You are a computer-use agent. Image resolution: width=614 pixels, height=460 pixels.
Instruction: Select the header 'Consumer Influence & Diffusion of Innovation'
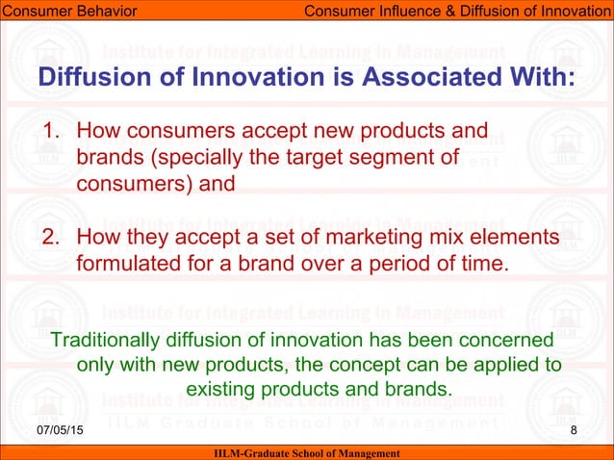(x=457, y=11)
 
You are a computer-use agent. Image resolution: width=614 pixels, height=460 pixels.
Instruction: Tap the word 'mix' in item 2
(x=433, y=238)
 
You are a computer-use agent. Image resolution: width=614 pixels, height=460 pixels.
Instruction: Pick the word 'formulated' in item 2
(x=123, y=264)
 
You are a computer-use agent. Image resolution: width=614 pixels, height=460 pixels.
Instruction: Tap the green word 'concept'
(x=355, y=366)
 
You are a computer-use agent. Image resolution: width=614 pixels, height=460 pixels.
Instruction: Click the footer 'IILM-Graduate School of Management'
(x=306, y=452)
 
